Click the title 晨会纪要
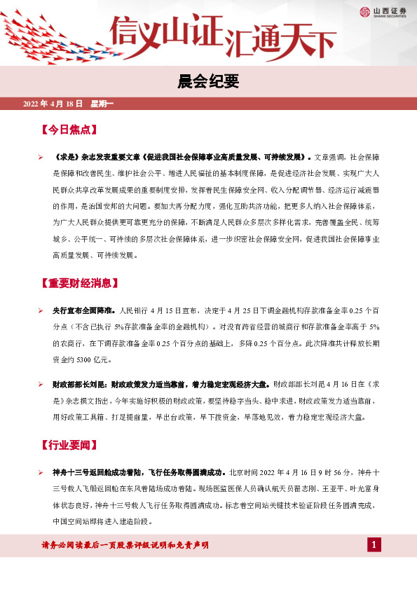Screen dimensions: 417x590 pos(208,83)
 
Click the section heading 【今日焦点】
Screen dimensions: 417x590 pos(69,130)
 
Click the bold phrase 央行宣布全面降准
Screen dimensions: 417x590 pos(84,310)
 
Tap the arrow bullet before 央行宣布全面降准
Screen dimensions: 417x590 pos(41,310)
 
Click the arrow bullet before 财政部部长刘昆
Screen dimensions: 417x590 pos(41,385)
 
